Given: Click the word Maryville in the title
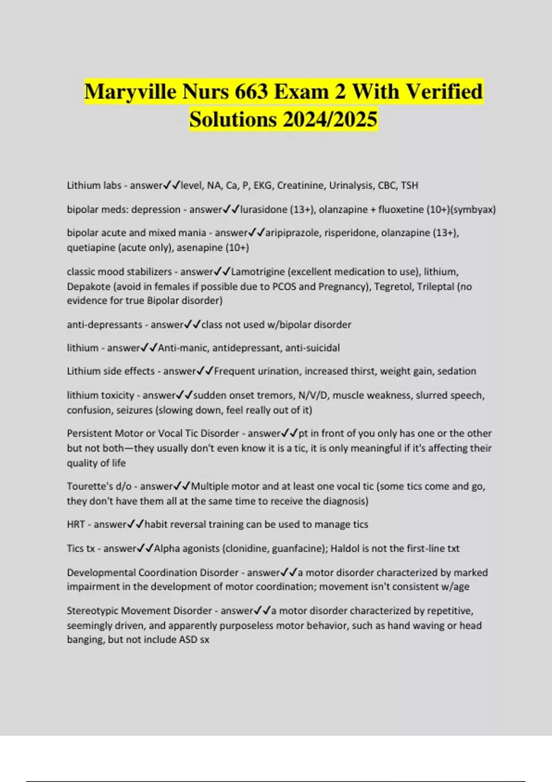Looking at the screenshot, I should point(131,92).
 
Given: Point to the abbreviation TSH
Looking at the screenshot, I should point(409,185).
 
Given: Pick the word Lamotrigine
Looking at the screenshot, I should point(258,272).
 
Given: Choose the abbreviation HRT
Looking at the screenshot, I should point(76,524).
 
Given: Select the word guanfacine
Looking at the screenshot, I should point(298,548).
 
